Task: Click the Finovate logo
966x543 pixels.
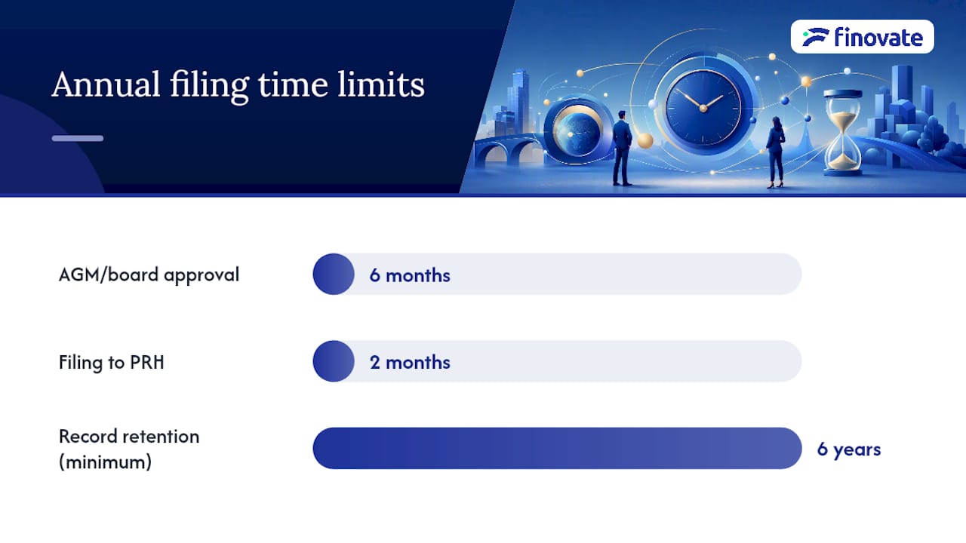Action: click(x=863, y=37)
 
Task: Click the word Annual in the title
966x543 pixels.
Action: click(x=106, y=84)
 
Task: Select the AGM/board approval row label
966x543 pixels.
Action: click(x=149, y=275)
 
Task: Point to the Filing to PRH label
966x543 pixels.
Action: click(x=111, y=362)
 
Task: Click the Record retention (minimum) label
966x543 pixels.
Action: click(x=129, y=449)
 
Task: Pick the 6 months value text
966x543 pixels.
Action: click(x=410, y=275)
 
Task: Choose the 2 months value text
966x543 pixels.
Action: click(x=410, y=363)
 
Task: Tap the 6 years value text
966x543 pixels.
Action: click(x=849, y=449)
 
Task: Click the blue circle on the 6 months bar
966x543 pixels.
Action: click(x=334, y=274)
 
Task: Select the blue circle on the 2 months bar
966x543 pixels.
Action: click(x=334, y=361)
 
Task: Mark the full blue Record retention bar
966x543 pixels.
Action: click(x=557, y=448)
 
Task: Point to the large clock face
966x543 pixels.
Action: click(x=703, y=108)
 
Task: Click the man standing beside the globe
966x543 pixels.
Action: click(x=623, y=149)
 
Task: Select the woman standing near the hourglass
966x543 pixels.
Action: click(x=775, y=152)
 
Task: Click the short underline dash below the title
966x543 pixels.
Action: click(x=78, y=138)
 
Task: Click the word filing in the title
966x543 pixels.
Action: click(x=209, y=86)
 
